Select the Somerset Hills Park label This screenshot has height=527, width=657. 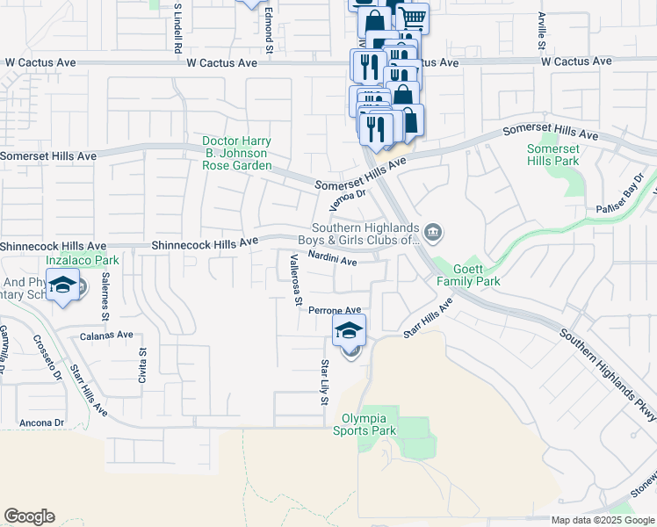point(552,155)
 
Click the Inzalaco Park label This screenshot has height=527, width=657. point(82,260)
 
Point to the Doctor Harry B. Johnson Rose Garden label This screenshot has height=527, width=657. point(236,153)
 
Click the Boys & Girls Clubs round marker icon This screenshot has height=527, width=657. point(432,233)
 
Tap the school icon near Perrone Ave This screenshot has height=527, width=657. point(349,331)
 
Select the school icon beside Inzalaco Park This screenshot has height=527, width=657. point(63,285)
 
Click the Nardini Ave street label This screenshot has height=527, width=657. point(332,260)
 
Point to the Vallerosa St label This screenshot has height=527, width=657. point(296,280)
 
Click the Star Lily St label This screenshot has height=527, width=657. point(324,382)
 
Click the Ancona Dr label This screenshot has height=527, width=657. point(35,422)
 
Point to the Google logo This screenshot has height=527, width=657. point(29,516)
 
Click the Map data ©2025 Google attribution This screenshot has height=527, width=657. point(602,520)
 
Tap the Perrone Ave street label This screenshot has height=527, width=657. point(335,310)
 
